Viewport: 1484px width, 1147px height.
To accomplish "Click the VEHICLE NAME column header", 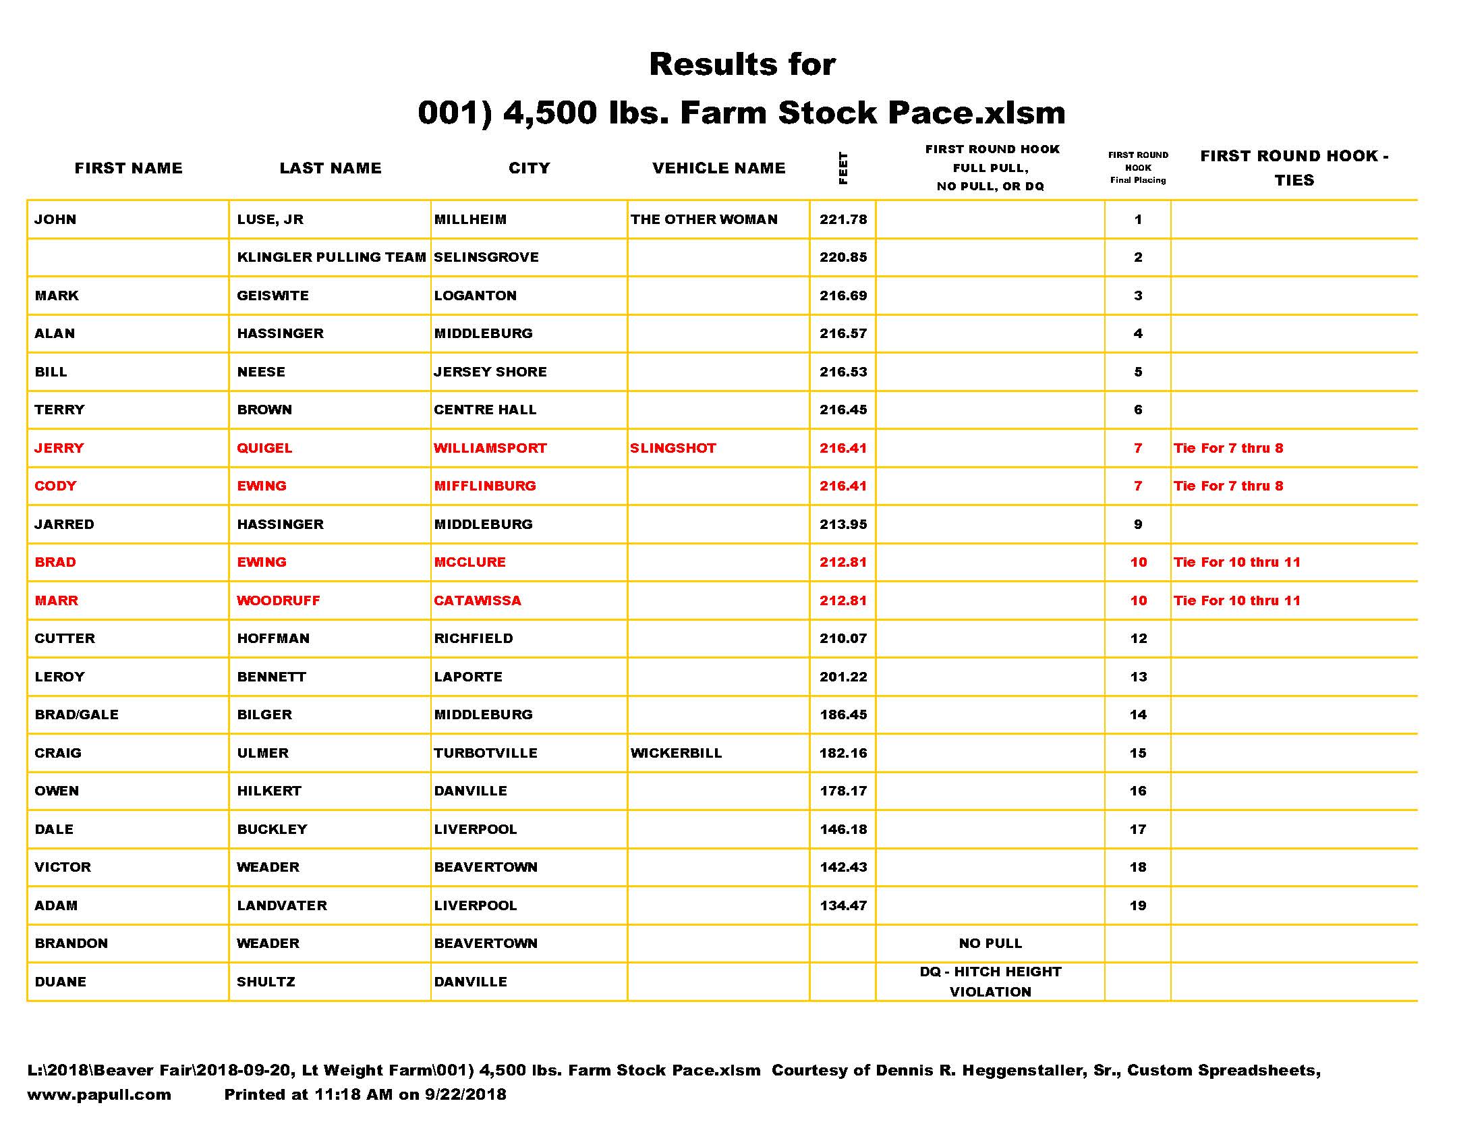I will coord(718,168).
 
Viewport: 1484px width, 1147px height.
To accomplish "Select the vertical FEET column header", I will coord(843,168).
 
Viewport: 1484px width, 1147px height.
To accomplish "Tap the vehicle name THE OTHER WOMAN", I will coord(704,219).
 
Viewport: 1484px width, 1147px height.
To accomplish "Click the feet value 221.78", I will coord(843,219).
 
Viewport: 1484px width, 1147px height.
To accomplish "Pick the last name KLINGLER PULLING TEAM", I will coord(331,258).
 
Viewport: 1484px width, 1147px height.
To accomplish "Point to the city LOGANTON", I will coord(475,296).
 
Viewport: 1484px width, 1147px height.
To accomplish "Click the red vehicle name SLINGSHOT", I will coord(673,449).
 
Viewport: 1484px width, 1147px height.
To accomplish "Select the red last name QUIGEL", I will coord(264,449).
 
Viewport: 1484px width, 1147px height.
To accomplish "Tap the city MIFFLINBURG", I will coord(484,486).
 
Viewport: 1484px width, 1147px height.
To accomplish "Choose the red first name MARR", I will coord(57,600).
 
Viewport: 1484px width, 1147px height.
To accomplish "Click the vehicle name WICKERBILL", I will coord(676,753).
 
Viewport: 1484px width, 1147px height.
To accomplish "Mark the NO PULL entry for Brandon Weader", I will coord(990,943).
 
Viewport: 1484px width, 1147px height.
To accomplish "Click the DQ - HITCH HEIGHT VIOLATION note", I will coord(990,982).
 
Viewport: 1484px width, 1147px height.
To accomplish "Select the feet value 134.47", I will coord(843,905).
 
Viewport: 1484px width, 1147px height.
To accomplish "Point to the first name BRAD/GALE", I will coord(77,715).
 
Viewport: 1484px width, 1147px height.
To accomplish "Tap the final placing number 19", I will coord(1138,905).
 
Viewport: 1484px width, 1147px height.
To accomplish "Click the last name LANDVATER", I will coord(282,905).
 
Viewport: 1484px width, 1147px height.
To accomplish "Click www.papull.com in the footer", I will coord(99,1094).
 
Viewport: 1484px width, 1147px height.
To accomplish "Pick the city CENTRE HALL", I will coord(484,410).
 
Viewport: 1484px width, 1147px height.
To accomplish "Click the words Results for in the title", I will coord(742,65).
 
